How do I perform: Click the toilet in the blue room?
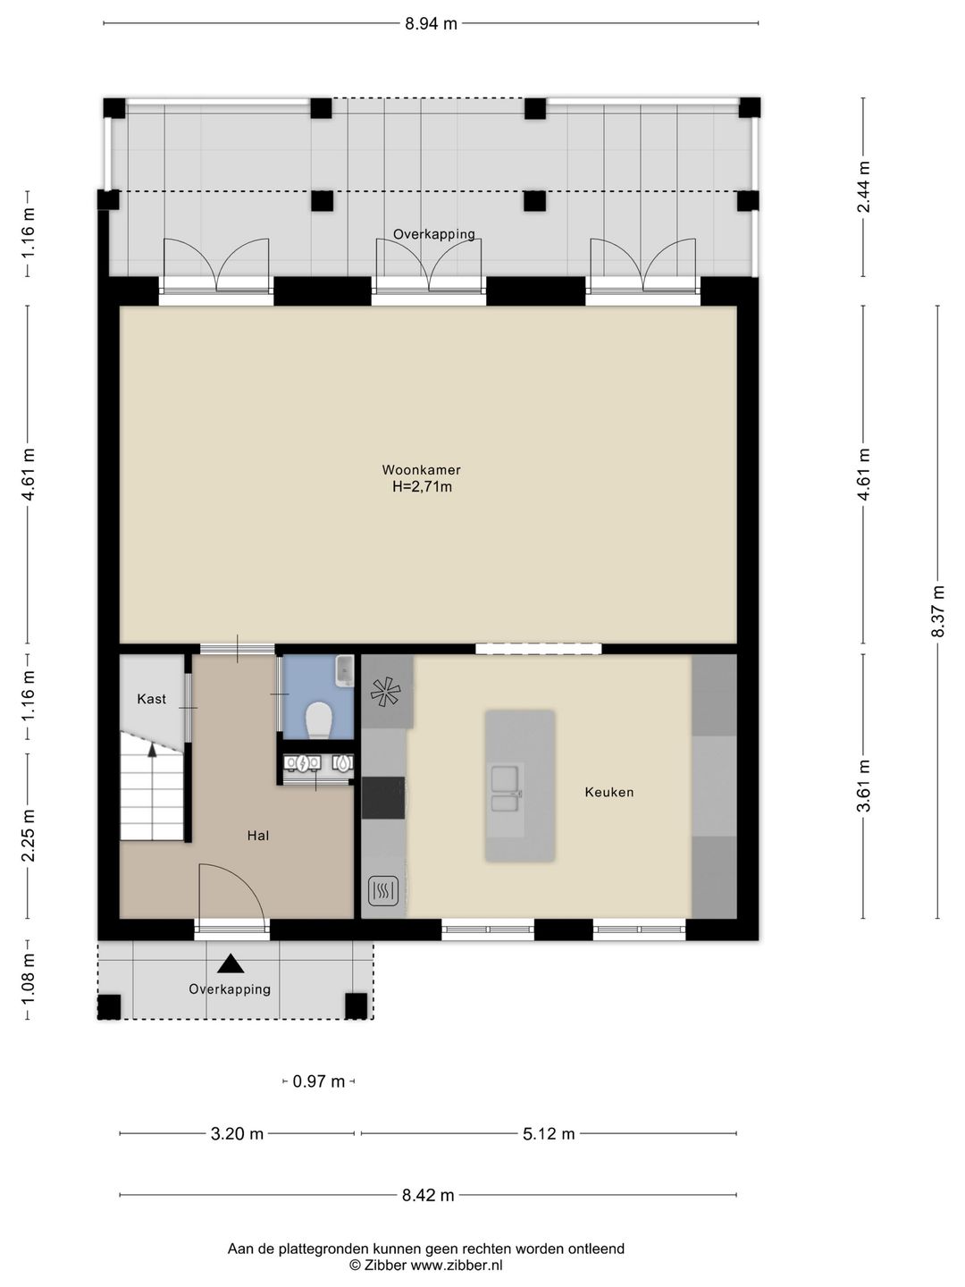[319, 719]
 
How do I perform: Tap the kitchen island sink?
[505, 787]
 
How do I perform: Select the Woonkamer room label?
[421, 469]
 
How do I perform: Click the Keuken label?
[608, 792]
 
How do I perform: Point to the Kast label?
[151, 698]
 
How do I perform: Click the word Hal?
[258, 836]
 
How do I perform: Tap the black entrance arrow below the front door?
[231, 963]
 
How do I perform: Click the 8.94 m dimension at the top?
[431, 24]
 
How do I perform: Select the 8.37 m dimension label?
[938, 611]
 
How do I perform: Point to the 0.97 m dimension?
[318, 1081]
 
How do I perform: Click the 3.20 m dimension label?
[237, 1133]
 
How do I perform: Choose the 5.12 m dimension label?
[549, 1133]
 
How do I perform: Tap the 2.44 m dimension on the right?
[864, 187]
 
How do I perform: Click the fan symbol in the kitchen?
[385, 692]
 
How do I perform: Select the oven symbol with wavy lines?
[383, 892]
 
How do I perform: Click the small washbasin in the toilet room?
[345, 671]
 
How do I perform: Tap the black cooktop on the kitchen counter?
[383, 797]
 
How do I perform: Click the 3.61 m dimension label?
[864, 786]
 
